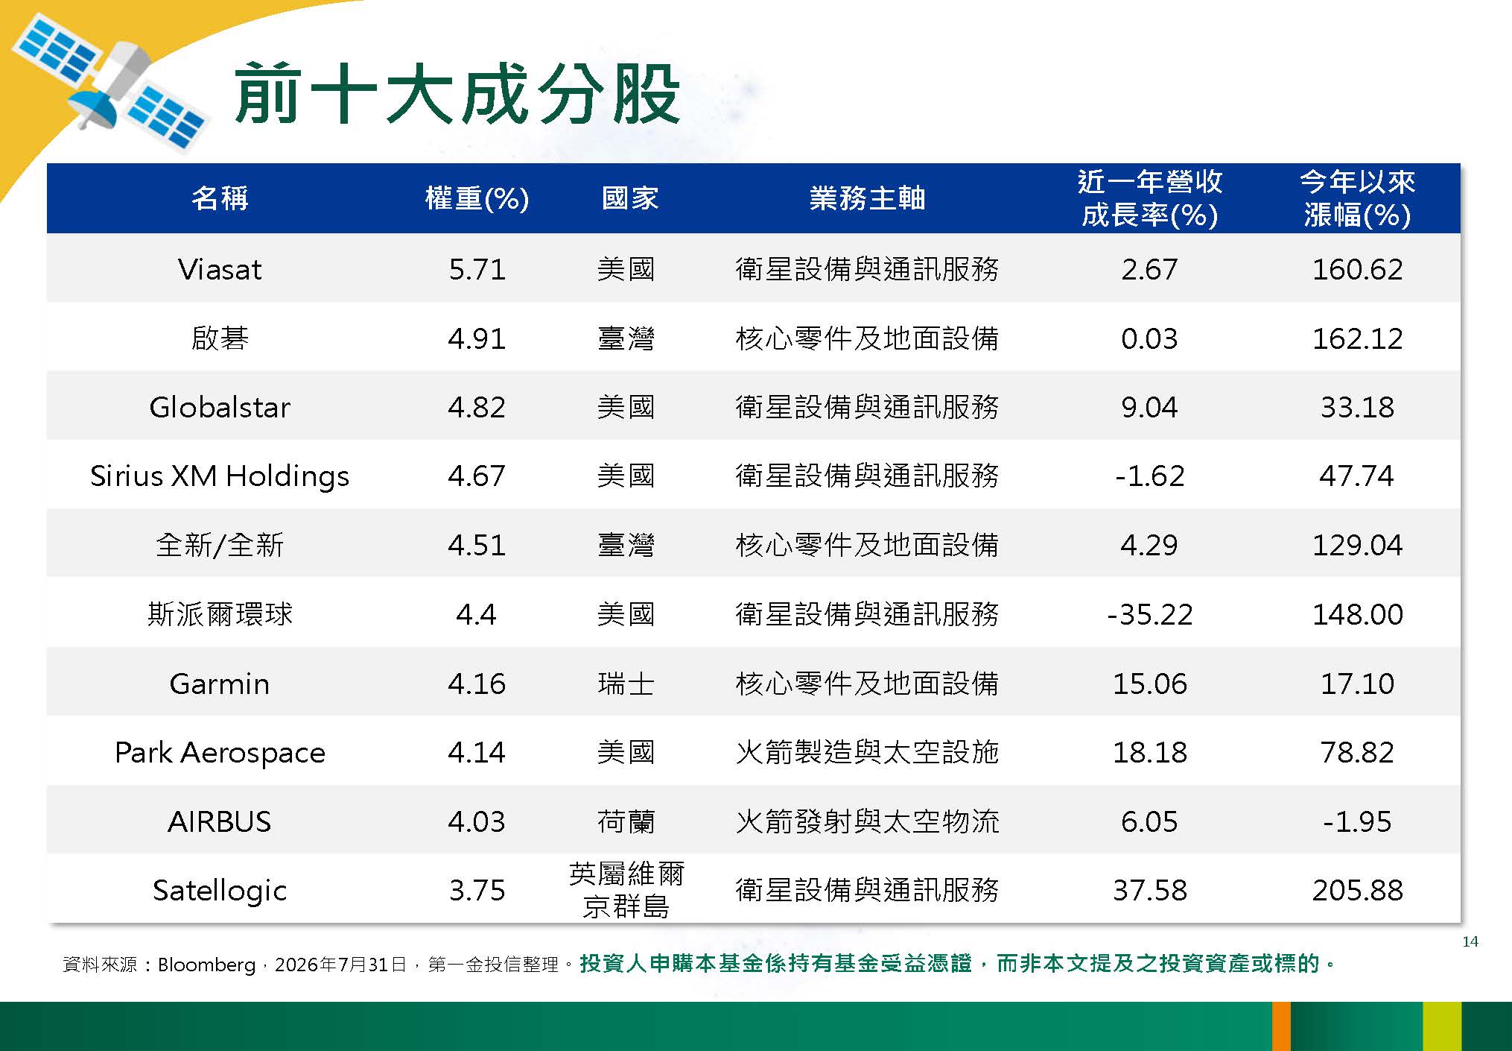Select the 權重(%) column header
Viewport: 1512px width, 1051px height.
coord(477,198)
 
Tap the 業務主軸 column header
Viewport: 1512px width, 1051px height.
coord(867,198)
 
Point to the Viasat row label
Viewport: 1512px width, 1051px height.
coord(220,269)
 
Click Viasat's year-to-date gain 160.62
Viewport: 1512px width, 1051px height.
coord(1357,269)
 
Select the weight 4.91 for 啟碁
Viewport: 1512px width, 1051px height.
coord(477,338)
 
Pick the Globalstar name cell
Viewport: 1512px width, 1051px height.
coord(220,407)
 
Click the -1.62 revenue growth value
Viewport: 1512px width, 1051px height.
coord(1149,476)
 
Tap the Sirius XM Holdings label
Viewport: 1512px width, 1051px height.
coord(220,476)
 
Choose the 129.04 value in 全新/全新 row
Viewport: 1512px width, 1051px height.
coord(1357,545)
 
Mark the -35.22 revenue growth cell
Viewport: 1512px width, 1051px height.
coord(1149,614)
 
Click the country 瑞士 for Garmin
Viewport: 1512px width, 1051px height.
coord(626,684)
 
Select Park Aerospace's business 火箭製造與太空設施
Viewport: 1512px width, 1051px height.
coord(867,752)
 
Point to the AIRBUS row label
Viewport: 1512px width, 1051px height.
coord(220,821)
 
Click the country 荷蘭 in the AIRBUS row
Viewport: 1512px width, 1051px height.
coord(626,821)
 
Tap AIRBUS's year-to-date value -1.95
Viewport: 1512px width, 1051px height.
coord(1357,821)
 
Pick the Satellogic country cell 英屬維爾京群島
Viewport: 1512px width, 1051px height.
coord(626,890)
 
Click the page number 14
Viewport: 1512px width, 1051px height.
coord(1470,941)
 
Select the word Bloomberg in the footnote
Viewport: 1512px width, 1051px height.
coord(206,965)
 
